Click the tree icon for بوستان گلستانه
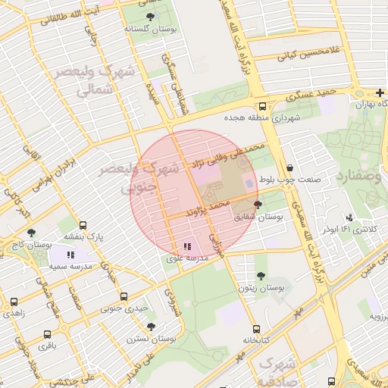pyautogui.click(x=150, y=17)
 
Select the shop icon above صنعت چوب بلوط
pyautogui.click(x=289, y=168)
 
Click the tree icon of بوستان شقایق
pyautogui.click(x=258, y=205)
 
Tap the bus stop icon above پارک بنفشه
pyautogui.click(x=83, y=226)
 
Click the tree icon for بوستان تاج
pyautogui.click(x=31, y=233)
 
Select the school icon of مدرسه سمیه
pyautogui.click(x=70, y=256)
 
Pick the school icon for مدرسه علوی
pyautogui.click(x=187, y=247)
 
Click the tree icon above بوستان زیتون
pyautogui.click(x=261, y=277)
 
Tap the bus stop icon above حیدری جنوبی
pyautogui.click(x=124, y=297)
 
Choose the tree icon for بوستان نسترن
pyautogui.click(x=152, y=327)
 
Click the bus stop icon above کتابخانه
pyautogui.click(x=256, y=330)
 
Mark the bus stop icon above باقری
pyautogui.click(x=48, y=334)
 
